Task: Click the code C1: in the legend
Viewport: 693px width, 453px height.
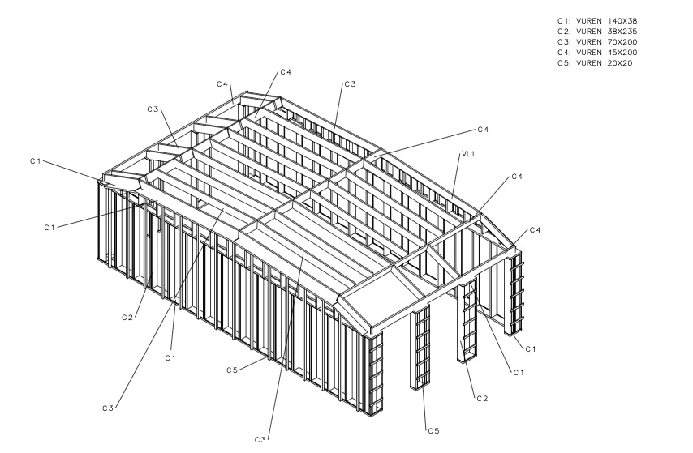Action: click(564, 21)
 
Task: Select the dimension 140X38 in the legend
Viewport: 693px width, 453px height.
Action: click(622, 21)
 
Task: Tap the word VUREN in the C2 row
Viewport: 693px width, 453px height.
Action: click(588, 32)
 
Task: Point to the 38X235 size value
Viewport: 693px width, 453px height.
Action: click(622, 32)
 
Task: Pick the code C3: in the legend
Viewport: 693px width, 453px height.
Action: click(564, 42)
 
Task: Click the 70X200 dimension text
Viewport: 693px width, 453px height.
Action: click(622, 42)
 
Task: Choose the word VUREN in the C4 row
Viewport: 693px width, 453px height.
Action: click(588, 53)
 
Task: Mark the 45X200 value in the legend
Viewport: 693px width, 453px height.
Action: click(622, 53)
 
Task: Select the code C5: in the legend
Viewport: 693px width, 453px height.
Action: click(564, 63)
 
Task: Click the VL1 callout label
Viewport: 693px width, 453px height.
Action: click(467, 154)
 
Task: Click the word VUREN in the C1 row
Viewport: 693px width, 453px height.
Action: click(588, 21)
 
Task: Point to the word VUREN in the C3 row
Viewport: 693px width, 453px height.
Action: click(588, 42)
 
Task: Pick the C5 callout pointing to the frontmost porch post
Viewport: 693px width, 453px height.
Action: click(433, 431)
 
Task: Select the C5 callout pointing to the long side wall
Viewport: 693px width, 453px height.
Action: click(232, 370)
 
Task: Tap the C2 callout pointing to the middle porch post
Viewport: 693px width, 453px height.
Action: click(482, 399)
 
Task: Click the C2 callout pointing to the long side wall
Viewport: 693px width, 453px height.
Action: click(127, 318)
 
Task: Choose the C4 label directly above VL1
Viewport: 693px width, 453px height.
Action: click(483, 130)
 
